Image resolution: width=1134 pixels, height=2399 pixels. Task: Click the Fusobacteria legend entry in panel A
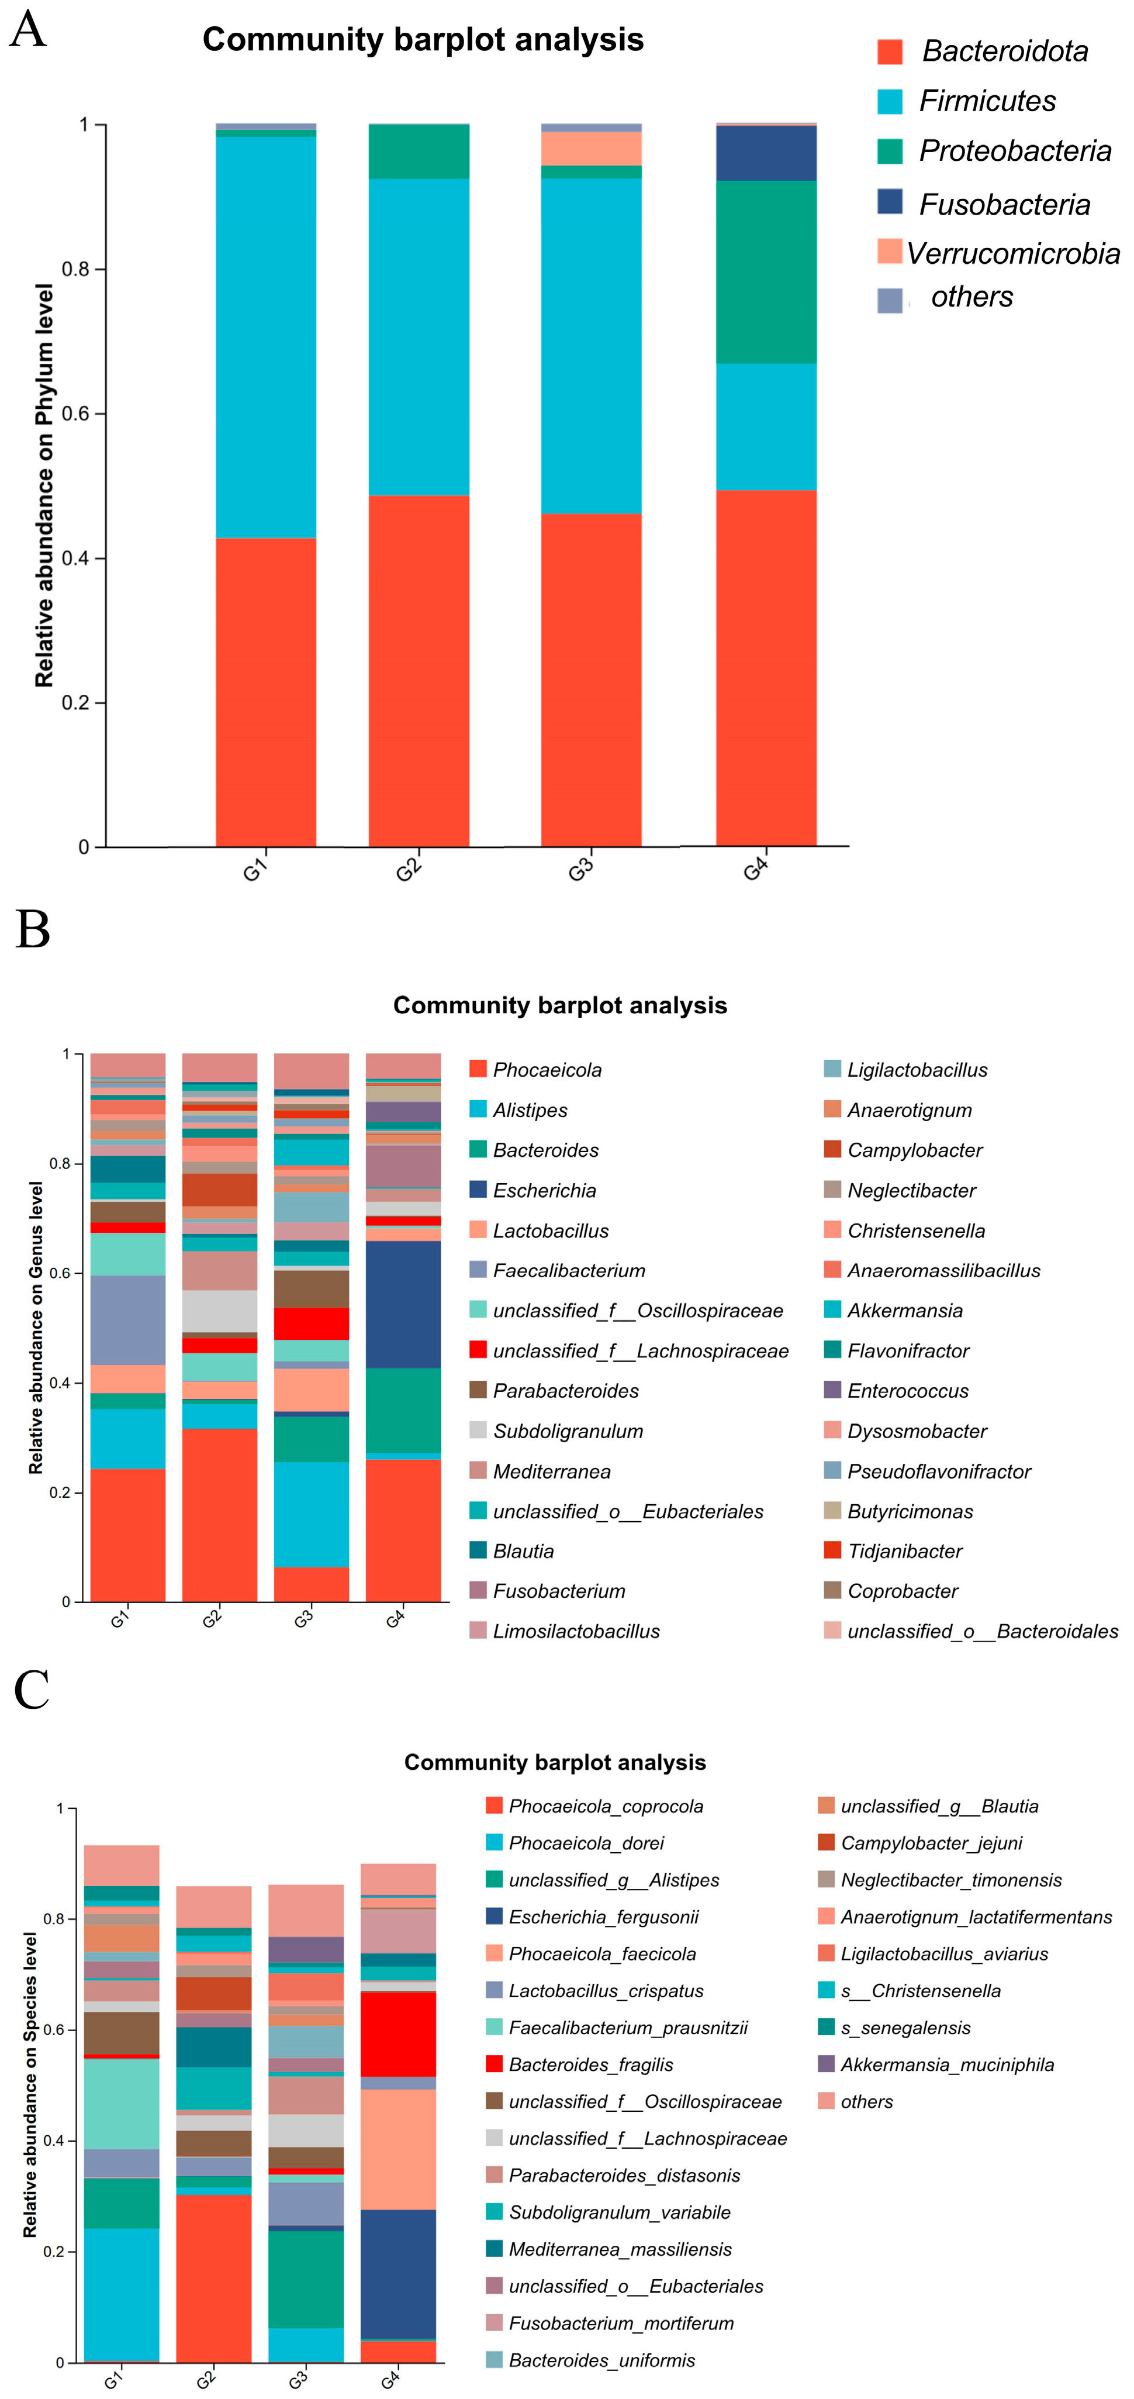[1004, 204]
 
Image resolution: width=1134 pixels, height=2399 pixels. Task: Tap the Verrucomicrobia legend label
[1013, 253]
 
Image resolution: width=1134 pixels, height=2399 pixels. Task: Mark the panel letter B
[33, 929]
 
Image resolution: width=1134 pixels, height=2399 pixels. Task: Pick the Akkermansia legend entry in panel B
[904, 1310]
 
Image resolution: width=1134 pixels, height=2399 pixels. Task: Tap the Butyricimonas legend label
[910, 1511]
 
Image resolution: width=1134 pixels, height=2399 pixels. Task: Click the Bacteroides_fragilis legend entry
[590, 2064]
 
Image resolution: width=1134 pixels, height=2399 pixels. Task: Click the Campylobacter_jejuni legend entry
[931, 1843]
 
